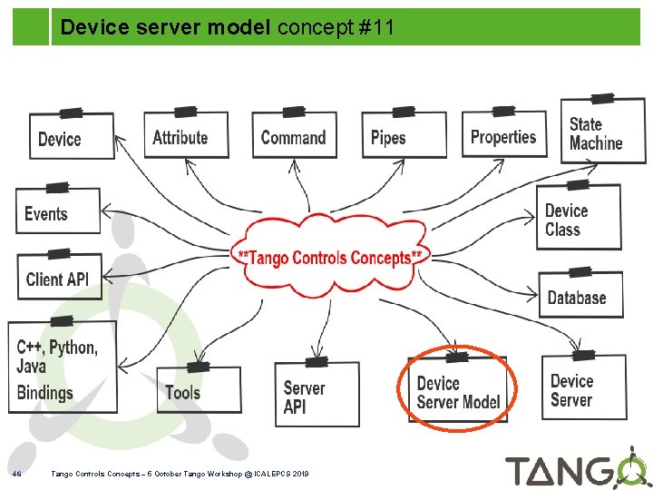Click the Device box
click(72, 137)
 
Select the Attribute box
click(185, 136)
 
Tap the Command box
click(293, 136)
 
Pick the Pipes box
click(403, 136)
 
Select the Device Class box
click(579, 219)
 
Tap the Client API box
click(59, 277)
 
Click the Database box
click(580, 296)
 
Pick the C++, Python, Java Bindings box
click(62, 369)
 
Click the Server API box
click(317, 396)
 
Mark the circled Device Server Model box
click(457, 392)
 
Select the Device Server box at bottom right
click(583, 388)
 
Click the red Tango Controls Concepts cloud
click(330, 256)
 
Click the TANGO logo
click(575, 469)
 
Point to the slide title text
click(227, 28)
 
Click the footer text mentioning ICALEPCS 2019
click(180, 474)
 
